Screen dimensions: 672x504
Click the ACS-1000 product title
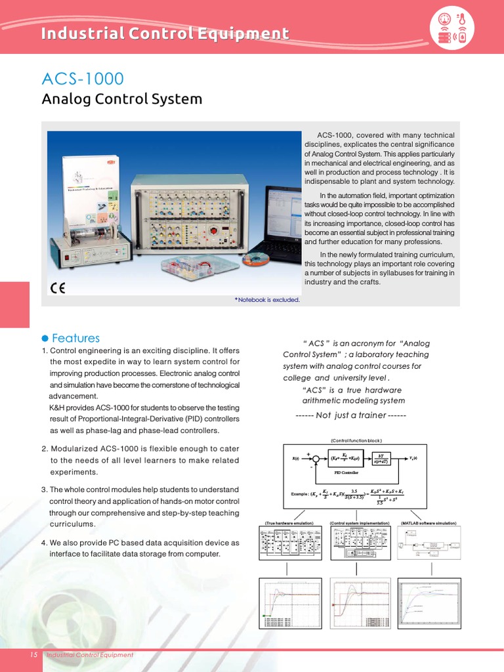pyautogui.click(x=82, y=79)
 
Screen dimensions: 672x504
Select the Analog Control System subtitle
pyautogui.click(x=121, y=100)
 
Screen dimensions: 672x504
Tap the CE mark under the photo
pyautogui.click(x=58, y=288)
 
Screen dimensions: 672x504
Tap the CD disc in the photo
pyautogui.click(x=256, y=259)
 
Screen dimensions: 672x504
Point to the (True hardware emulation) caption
pyautogui.click(x=289, y=523)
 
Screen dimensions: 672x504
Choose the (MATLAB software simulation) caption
pyautogui.click(x=428, y=523)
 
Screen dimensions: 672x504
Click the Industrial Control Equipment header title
pyautogui.click(x=165, y=33)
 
